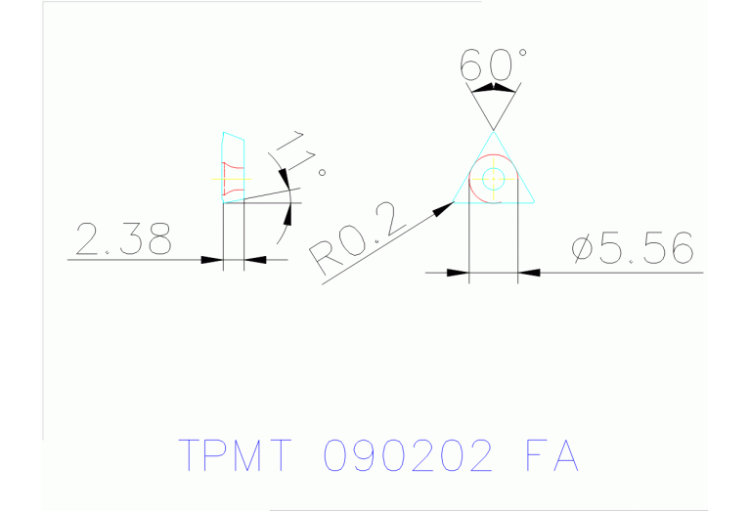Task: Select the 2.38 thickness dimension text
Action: (x=123, y=238)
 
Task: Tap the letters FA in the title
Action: (x=551, y=455)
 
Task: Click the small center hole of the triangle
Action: (x=493, y=179)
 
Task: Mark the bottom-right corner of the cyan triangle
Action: (x=534, y=202)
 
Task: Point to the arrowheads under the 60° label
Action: (x=493, y=89)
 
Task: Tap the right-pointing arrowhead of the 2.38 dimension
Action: (x=211, y=260)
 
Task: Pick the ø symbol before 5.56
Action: (x=582, y=250)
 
